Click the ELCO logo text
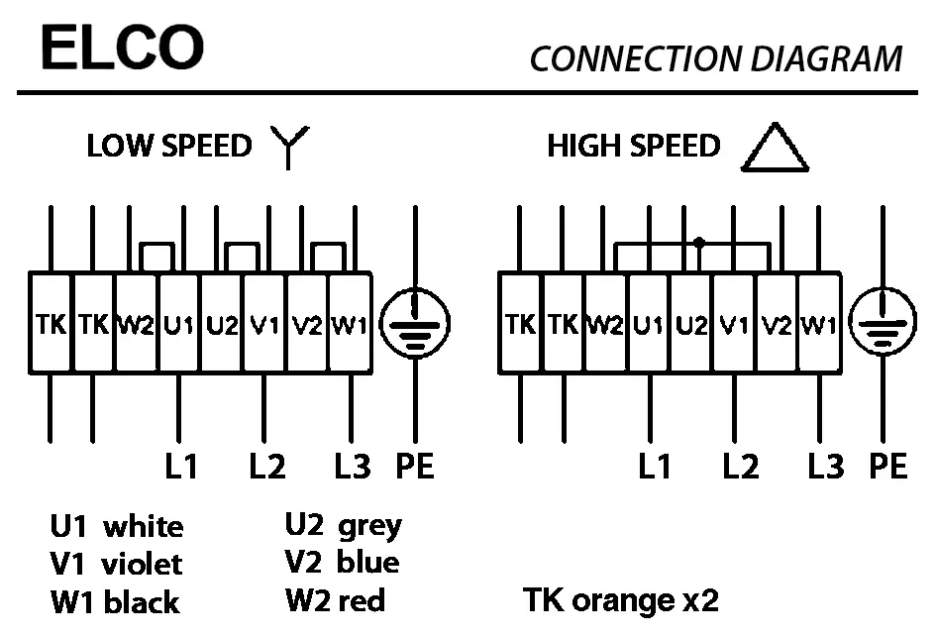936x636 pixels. tap(122, 48)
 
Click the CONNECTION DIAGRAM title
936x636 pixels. tap(715, 58)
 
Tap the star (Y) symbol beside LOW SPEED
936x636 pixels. tap(290, 148)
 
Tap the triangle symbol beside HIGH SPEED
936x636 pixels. tap(776, 149)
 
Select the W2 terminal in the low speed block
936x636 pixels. tap(137, 324)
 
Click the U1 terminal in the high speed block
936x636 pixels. tap(648, 324)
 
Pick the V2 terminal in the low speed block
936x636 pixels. tap(306, 324)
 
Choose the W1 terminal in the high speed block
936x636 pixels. tap(818, 324)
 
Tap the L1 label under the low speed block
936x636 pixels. tap(181, 465)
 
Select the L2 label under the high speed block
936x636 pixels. tap(740, 465)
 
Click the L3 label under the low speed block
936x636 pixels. tap(352, 465)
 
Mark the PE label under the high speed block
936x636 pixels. tap(887, 465)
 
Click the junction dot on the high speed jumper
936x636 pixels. tap(699, 242)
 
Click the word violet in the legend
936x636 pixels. tap(142, 565)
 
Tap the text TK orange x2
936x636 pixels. tap(620, 599)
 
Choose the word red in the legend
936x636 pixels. tap(361, 600)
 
